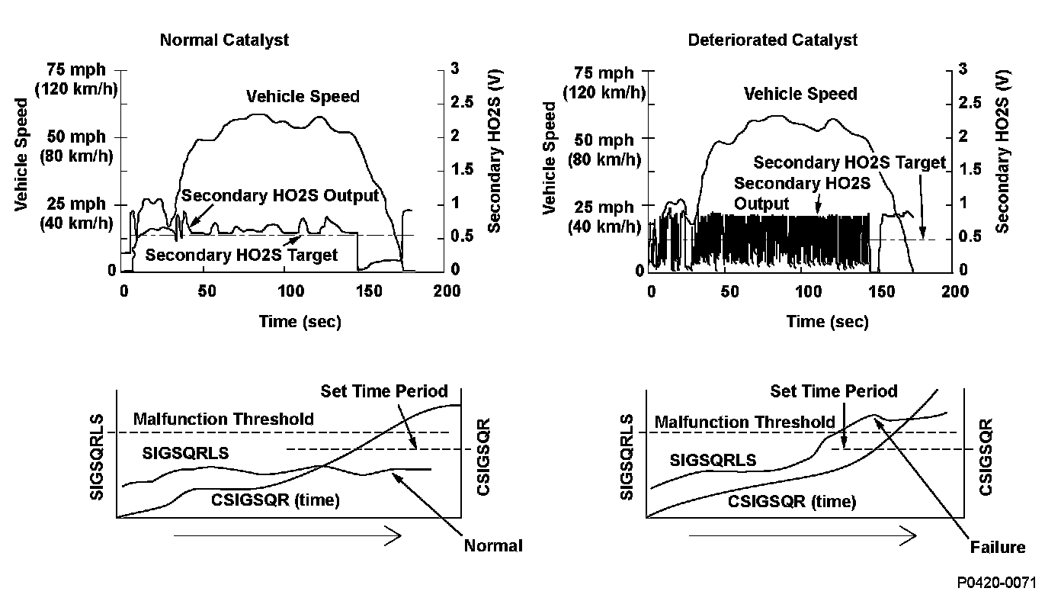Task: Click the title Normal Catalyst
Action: [224, 40]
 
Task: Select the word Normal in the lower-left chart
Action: [493, 546]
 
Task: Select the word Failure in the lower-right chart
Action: [998, 548]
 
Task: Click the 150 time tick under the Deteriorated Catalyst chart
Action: [881, 292]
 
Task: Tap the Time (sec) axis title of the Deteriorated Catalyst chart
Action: [827, 322]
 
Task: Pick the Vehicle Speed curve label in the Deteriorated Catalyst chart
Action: [800, 95]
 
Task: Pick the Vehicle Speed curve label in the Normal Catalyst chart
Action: [303, 97]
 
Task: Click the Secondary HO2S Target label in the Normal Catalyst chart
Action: [241, 256]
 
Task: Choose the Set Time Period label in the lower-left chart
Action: [384, 392]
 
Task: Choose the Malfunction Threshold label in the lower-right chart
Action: [745, 423]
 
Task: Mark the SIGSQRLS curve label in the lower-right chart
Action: [713, 461]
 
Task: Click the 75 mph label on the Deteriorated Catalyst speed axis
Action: [604, 73]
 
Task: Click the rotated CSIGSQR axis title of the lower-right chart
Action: [986, 456]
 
